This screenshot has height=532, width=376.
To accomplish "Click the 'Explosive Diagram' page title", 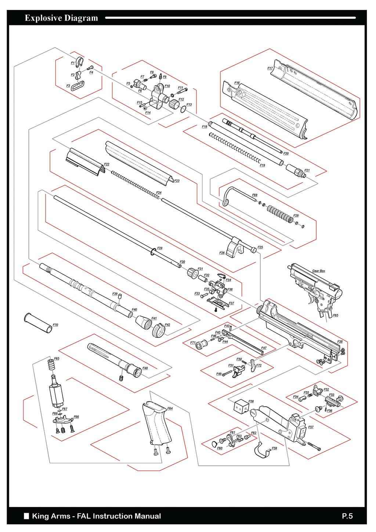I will click(61, 18).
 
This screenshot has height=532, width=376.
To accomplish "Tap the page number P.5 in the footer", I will click(347, 516).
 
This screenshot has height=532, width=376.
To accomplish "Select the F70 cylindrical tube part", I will click(38, 323).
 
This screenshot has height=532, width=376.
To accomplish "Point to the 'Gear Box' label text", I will click(318, 271).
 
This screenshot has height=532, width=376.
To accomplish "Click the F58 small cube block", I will click(241, 407).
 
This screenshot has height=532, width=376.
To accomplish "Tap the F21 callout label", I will click(307, 170).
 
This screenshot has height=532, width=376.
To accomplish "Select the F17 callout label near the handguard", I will click(270, 68).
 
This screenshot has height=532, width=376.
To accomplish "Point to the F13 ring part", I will click(183, 109).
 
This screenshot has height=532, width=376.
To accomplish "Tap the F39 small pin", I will click(119, 297).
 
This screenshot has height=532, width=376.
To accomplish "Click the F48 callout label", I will click(145, 368).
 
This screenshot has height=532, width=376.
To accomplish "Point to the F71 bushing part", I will click(200, 345).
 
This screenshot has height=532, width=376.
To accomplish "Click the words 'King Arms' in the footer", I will click(51, 516).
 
